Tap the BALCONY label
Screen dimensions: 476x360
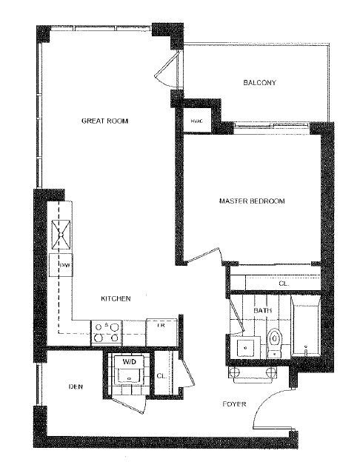(259, 83)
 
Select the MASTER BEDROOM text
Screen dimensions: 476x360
(252, 201)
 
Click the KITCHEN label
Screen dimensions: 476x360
(116, 299)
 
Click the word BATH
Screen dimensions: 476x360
(261, 311)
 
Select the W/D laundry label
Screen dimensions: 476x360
(129, 362)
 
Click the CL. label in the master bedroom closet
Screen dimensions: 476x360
(283, 283)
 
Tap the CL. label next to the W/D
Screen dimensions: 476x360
(161, 376)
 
